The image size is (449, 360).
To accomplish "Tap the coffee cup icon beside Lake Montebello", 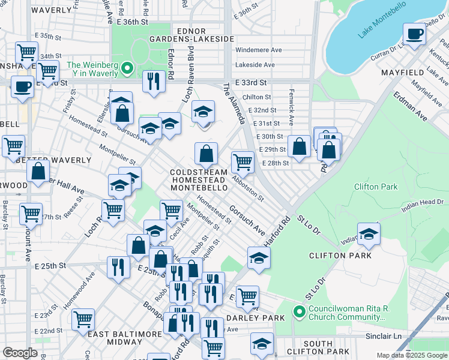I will pyautogui.click(x=414, y=34).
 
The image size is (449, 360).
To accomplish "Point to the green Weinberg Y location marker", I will pyautogui.click(x=127, y=69).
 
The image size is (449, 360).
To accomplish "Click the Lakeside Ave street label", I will pyautogui.click(x=255, y=65).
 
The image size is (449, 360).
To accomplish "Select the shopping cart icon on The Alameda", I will pyautogui.click(x=243, y=161).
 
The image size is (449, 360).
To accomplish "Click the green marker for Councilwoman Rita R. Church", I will pyautogui.click(x=298, y=311).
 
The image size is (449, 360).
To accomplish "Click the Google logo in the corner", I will pyautogui.click(x=20, y=353).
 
